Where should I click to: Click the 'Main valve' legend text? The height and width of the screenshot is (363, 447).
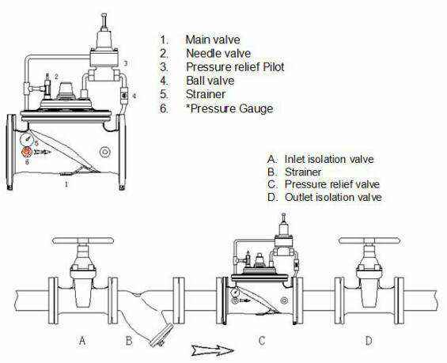(x=213, y=40)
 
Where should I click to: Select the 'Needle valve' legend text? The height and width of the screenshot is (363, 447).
(x=218, y=53)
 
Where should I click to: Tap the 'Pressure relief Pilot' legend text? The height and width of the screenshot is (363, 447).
(x=235, y=67)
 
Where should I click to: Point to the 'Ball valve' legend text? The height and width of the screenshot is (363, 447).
(x=210, y=81)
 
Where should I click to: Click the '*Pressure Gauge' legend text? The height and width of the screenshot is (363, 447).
(x=229, y=108)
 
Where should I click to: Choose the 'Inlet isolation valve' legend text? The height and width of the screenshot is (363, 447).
(x=329, y=159)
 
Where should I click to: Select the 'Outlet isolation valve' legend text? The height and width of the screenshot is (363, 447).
(x=333, y=197)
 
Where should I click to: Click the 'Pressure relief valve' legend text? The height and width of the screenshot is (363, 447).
(x=332, y=184)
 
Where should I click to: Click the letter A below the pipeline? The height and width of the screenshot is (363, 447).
(x=82, y=341)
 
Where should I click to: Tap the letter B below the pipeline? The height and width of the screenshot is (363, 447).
(x=129, y=341)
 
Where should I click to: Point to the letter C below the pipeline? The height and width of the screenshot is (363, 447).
(x=261, y=341)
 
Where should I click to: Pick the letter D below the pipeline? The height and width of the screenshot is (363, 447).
(x=369, y=341)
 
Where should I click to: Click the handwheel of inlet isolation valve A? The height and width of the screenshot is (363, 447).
(x=83, y=240)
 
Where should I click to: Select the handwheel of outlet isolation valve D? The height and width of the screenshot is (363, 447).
(x=369, y=240)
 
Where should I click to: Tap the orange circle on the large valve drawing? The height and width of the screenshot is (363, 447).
(x=27, y=152)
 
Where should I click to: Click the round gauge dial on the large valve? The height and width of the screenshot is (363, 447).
(x=27, y=138)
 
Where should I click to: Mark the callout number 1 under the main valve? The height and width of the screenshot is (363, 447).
(x=66, y=184)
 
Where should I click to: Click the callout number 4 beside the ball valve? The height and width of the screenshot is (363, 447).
(x=134, y=96)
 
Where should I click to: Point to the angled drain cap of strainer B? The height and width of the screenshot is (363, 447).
(x=162, y=335)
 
